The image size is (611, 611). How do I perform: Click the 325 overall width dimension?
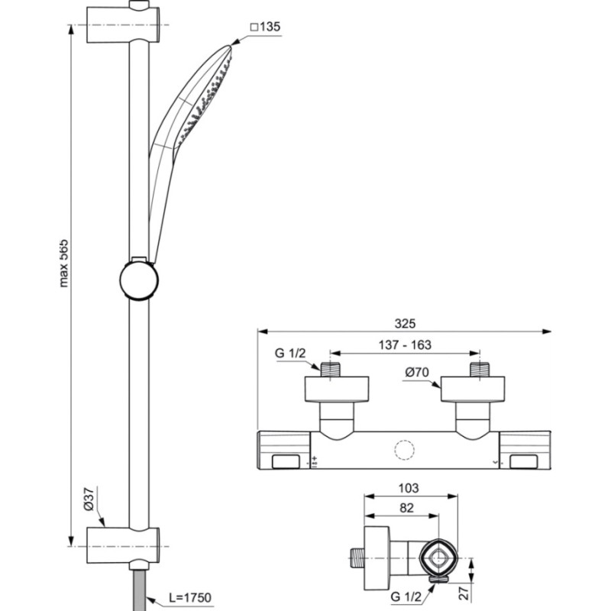[405, 323]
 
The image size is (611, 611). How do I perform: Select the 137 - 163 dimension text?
[405, 345]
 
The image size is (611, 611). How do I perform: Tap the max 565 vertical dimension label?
[63, 263]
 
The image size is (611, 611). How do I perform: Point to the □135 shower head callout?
[265, 27]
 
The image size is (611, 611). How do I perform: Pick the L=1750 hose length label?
[189, 597]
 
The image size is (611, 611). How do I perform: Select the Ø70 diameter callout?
[417, 373]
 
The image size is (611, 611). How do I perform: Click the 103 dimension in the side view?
[409, 488]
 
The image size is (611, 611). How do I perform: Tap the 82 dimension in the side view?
[406, 508]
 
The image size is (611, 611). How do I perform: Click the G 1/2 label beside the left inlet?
[290, 353]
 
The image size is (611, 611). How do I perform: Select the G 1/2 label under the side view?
[406, 596]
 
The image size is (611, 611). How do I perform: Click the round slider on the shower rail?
[139, 280]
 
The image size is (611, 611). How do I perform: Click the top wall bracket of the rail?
[123, 24]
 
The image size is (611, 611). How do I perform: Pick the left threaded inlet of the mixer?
[331, 370]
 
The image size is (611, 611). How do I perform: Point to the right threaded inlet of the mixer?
[480, 370]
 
